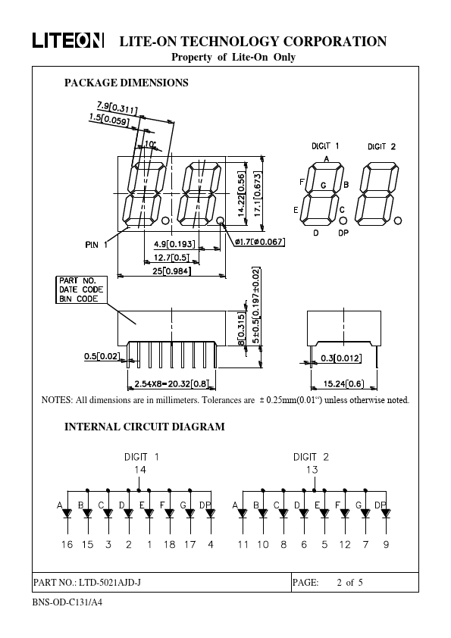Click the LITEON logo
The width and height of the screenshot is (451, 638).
tap(68, 41)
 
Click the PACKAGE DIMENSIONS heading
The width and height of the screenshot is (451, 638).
tap(126, 83)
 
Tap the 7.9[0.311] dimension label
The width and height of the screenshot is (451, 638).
tap(117, 107)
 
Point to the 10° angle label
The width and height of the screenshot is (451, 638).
tap(150, 144)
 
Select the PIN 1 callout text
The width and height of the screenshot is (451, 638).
tap(96, 245)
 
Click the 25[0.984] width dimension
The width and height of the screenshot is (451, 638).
tap(172, 271)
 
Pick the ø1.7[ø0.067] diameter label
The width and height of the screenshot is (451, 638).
tap(260, 242)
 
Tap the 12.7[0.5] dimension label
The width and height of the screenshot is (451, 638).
tap(172, 257)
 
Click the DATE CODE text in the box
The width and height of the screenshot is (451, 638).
tap(81, 289)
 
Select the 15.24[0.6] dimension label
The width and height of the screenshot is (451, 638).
tap(344, 383)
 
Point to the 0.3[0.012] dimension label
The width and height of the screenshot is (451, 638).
tap(341, 358)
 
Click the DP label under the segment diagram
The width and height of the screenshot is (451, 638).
tap(343, 233)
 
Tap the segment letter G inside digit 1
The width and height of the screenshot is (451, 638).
tap(324, 185)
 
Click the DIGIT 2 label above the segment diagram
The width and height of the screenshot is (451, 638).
tap(381, 146)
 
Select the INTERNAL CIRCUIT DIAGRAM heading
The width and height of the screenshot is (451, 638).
tap(145, 427)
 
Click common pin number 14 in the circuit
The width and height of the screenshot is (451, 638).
tap(140, 470)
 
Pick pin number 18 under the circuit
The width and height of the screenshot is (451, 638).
tap(169, 544)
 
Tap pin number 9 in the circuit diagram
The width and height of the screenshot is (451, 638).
tap(386, 544)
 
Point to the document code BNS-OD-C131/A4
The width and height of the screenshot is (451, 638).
tap(67, 602)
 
